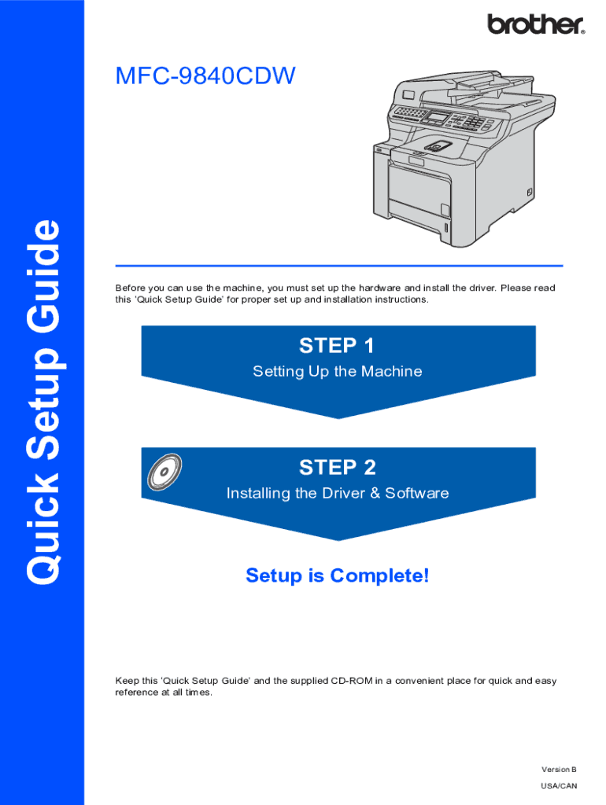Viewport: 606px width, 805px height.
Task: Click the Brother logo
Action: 536,24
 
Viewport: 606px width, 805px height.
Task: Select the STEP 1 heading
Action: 338,345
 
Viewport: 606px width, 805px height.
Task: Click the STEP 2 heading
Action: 338,468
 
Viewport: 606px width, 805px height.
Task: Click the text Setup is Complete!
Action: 338,575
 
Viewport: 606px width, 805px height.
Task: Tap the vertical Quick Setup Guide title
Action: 43,402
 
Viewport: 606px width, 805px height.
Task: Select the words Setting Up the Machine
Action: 338,371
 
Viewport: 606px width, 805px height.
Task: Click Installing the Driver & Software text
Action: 338,494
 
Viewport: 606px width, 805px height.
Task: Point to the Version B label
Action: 559,769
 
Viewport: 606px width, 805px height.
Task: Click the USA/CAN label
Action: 559,785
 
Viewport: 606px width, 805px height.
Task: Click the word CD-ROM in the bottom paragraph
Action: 351,681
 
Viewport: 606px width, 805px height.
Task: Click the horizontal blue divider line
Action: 338,266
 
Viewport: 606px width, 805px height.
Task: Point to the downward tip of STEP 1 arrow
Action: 338,416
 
